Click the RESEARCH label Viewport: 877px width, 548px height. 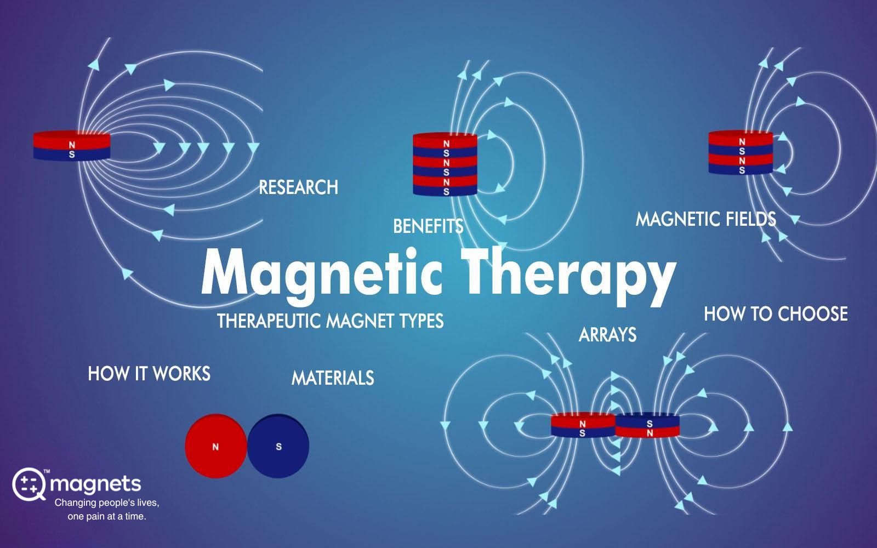(x=298, y=187)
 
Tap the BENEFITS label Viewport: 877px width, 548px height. (x=428, y=226)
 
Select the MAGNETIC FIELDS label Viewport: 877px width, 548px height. (x=705, y=219)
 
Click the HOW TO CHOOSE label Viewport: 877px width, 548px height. (x=776, y=314)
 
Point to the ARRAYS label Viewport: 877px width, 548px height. (x=607, y=335)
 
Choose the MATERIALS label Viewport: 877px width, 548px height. (x=333, y=378)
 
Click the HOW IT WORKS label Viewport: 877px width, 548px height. (x=149, y=373)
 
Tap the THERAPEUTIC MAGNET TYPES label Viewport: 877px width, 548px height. (x=331, y=321)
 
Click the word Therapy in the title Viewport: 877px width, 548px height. (x=568, y=273)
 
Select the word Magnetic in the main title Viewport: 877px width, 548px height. (x=322, y=274)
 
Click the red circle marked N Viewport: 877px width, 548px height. (x=216, y=446)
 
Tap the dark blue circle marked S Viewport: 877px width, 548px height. (x=278, y=446)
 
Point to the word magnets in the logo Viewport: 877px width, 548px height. (x=95, y=484)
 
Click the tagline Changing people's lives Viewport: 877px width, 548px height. (x=107, y=503)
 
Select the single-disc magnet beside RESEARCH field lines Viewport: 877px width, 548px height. (x=72, y=146)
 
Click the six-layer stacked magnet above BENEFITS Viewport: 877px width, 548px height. (x=445, y=164)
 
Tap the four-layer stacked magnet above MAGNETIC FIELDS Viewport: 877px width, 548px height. (x=741, y=152)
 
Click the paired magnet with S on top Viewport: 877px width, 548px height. (x=647, y=425)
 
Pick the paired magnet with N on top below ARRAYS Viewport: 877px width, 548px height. (x=583, y=425)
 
